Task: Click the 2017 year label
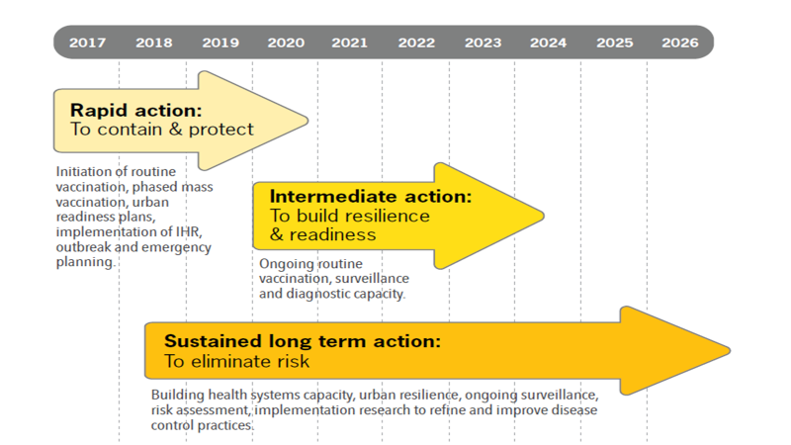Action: (87, 43)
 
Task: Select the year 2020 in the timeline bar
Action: (286, 43)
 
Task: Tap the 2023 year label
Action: (483, 43)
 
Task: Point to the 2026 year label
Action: (680, 43)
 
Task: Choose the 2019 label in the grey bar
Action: (220, 43)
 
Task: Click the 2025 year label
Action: (614, 43)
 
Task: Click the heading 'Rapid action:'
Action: (135, 110)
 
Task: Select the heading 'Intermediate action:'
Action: (370, 196)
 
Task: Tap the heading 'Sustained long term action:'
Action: (303, 341)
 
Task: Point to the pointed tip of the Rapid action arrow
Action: (308, 121)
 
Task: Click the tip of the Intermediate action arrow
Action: (543, 216)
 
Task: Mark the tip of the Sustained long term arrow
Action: (730, 350)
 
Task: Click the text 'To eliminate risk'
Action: (236, 361)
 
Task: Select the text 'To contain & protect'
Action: (161, 130)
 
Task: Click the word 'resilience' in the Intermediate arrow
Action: (388, 216)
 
